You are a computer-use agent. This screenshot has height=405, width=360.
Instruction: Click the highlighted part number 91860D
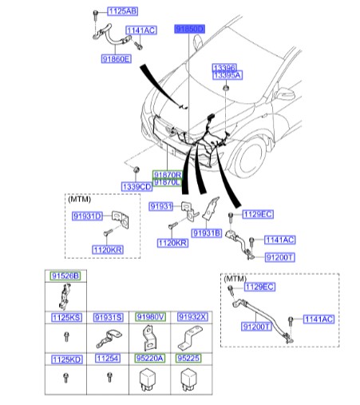(190, 28)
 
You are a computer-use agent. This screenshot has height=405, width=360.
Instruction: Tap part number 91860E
(116, 59)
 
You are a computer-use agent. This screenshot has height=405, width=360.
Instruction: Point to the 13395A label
(226, 74)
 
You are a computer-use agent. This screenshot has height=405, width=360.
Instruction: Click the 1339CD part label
(136, 186)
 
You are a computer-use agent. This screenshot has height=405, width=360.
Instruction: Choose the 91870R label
(168, 174)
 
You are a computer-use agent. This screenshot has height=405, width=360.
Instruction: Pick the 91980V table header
(149, 318)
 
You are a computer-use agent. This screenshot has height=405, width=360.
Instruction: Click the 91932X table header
(191, 318)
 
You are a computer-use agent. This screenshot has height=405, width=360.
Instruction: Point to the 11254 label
(107, 360)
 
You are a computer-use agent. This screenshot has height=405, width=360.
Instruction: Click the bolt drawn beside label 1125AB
(95, 14)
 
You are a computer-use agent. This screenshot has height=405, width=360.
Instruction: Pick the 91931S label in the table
(107, 318)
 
